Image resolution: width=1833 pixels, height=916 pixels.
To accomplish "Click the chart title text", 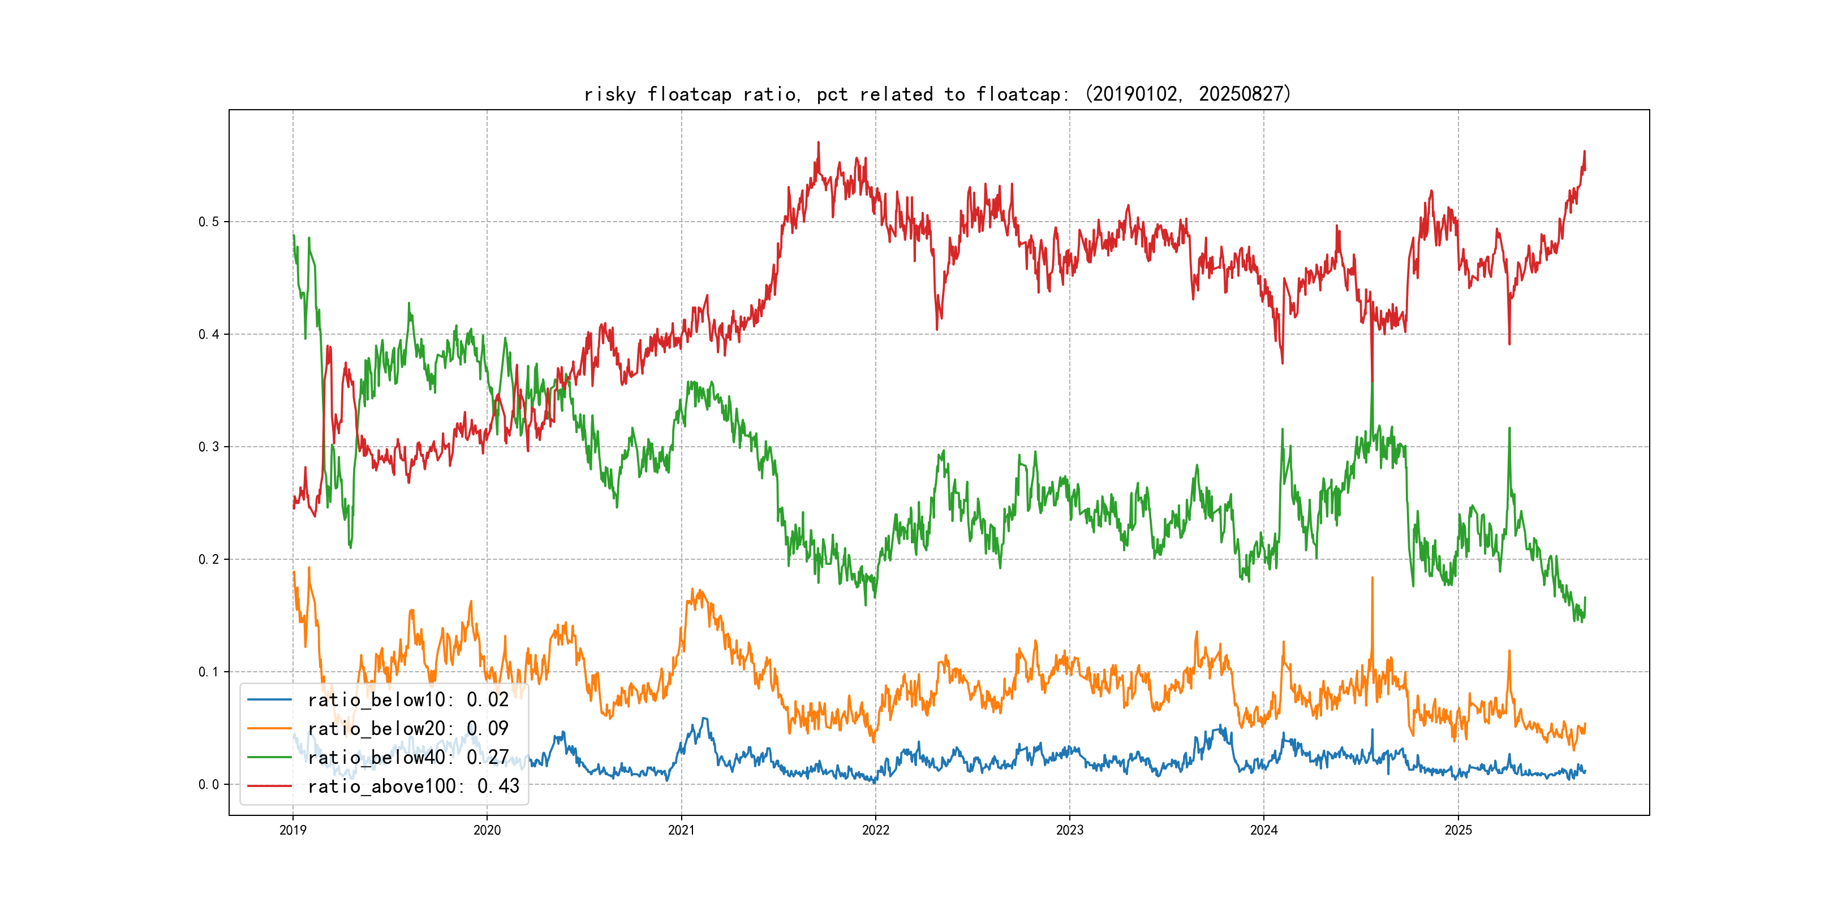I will (937, 94).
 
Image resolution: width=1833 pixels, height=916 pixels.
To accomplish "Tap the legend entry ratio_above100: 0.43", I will (413, 787).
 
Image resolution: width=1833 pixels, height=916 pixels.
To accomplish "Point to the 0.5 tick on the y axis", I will (209, 222).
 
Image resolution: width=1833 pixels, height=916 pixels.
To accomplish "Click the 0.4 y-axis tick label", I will (209, 334).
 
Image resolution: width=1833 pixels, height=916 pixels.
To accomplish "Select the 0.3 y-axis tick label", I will (209, 447).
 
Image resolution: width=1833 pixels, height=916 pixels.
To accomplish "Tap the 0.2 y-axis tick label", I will (209, 560).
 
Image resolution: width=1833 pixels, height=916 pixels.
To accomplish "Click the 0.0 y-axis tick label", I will (209, 784).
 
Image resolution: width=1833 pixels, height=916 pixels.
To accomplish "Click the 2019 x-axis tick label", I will (292, 830).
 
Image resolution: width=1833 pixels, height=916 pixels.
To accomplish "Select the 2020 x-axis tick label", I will (487, 830).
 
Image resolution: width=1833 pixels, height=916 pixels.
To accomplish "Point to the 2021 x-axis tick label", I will (681, 830).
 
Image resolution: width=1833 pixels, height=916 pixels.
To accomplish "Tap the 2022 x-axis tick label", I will (875, 830).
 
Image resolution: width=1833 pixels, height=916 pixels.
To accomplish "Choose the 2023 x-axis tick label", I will (1069, 830).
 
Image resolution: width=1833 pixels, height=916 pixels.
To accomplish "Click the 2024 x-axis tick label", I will (1264, 830).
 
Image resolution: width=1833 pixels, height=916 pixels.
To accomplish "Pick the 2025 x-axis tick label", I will (1458, 830).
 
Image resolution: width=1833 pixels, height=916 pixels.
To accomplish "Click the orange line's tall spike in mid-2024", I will (1372, 579).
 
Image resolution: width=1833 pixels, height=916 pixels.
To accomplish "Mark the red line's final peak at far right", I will (1584, 152).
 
